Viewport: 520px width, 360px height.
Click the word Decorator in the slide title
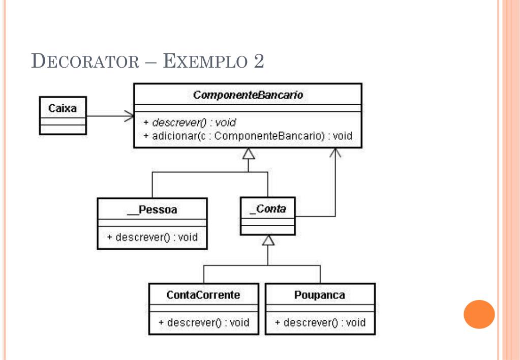pos(85,61)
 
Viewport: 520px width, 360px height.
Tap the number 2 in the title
pos(259,61)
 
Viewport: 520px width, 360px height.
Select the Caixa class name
pos(63,108)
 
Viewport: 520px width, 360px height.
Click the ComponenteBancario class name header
pos(248,95)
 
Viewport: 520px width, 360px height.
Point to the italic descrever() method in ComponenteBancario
pos(190,123)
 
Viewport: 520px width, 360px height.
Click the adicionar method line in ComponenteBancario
pos(248,136)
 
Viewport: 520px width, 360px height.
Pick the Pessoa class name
pos(152,209)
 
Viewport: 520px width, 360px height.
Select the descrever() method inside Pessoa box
pos(152,237)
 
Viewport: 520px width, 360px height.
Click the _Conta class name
pos(268,209)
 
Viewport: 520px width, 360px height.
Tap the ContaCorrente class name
pos(203,295)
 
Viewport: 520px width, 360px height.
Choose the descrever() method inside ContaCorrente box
pos(204,322)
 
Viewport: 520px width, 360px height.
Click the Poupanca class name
pos(320,295)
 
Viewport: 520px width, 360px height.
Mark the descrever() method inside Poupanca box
pos(320,322)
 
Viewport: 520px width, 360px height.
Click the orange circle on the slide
pos(479,314)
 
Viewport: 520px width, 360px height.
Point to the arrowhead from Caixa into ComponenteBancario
pos(129,116)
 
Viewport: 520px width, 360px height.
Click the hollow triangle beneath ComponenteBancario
pos(249,154)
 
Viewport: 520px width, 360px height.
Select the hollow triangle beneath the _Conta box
pos(268,240)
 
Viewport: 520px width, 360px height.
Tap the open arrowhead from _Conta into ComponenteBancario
pos(335,153)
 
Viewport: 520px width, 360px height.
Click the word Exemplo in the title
pos(205,61)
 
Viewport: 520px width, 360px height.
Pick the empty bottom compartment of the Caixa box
pos(63,129)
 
